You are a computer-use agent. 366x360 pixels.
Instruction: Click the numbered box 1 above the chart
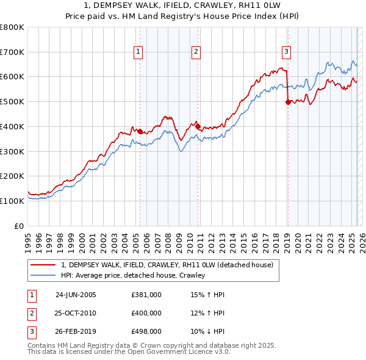coord(139,52)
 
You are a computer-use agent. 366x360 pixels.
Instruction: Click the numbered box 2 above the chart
coord(196,52)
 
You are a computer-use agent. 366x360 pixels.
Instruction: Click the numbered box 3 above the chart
coord(286,52)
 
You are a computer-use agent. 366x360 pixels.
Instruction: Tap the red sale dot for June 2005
coord(140,131)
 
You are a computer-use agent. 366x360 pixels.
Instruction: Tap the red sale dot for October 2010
coord(198,126)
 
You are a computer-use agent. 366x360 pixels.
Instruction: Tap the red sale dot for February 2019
coord(288,103)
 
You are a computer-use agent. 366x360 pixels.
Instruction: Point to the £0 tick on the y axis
coord(20,226)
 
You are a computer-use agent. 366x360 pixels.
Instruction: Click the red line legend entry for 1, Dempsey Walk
coord(170,265)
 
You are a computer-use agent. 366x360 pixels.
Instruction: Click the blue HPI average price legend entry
coord(133,275)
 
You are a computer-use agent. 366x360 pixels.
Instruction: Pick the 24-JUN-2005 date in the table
coord(76,295)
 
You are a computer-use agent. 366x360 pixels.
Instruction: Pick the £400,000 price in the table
coord(146,313)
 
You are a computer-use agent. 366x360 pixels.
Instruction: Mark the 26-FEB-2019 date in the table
coord(76,331)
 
